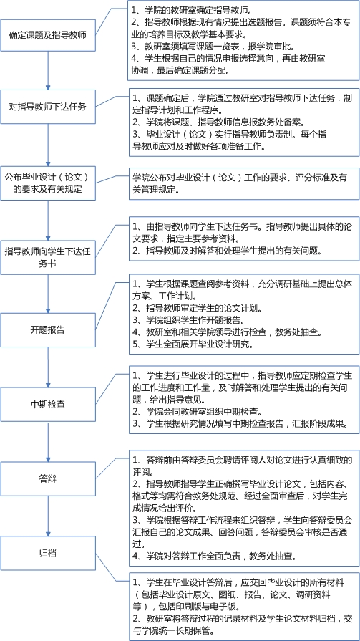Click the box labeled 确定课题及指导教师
[48, 34]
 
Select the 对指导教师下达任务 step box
[48, 107]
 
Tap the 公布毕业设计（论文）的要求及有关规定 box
[48, 183]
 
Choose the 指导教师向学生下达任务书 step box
[48, 257]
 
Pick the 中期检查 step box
[48, 405]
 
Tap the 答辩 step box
[48, 478]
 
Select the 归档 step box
[48, 554]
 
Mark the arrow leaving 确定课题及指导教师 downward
[48, 70]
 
